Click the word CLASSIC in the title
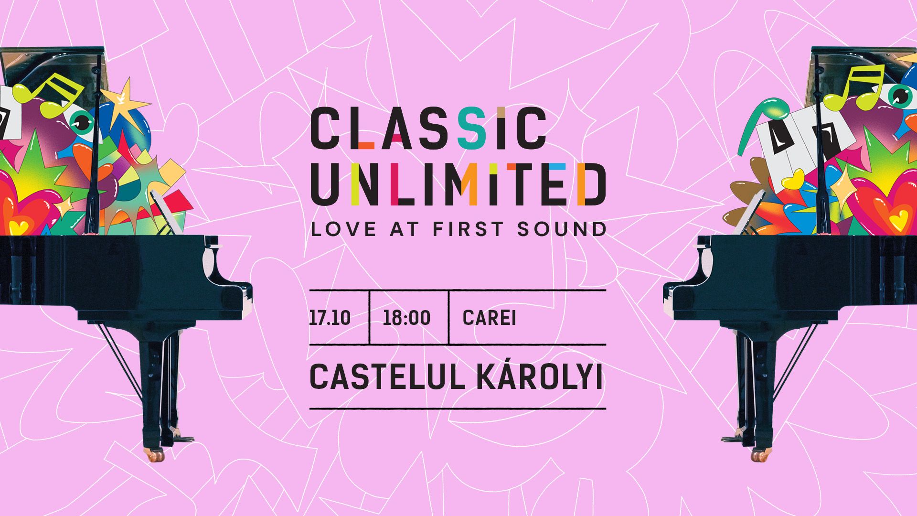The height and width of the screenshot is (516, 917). click(428, 128)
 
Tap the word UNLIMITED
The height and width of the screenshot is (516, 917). click(458, 184)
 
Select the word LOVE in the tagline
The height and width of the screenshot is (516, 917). click(344, 229)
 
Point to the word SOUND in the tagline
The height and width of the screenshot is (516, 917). click(562, 229)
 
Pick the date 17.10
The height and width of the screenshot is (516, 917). click(330, 318)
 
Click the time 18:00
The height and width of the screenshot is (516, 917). click(406, 318)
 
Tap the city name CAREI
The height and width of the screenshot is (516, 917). click(490, 318)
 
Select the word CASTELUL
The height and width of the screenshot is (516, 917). click(387, 377)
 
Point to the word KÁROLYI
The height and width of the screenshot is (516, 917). click(540, 376)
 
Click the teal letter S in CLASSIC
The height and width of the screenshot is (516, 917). click(472, 128)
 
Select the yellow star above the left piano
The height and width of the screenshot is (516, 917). click(125, 102)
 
